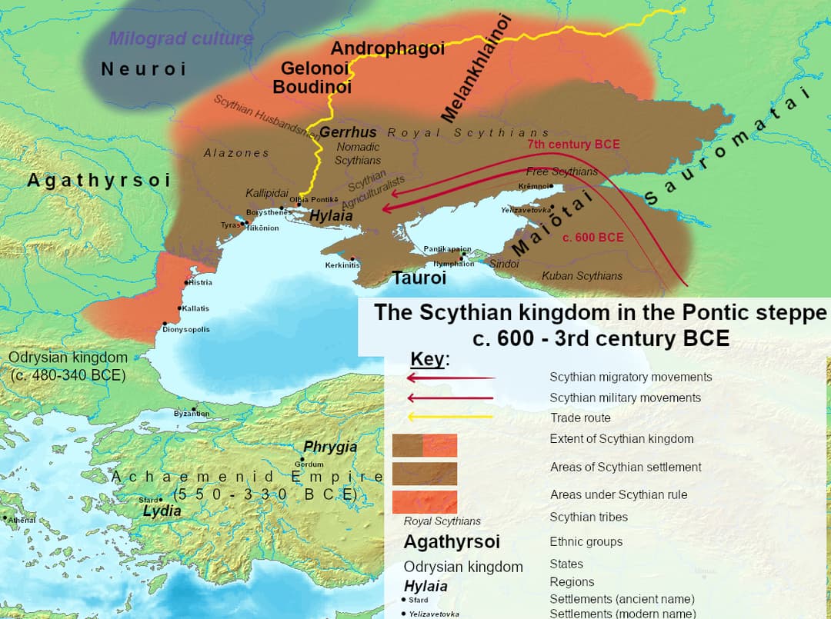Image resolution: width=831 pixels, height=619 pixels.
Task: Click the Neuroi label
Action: [x=144, y=69]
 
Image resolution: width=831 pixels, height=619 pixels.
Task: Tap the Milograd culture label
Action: [x=181, y=38]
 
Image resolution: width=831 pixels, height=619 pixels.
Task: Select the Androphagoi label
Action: [x=387, y=48]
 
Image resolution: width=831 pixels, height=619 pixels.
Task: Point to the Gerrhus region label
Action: [x=348, y=132]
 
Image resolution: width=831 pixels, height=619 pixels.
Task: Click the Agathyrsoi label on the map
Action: [x=99, y=180]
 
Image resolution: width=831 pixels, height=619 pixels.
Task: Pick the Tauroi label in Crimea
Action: [x=419, y=278]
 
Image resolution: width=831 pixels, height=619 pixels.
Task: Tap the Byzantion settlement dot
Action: [x=195, y=408]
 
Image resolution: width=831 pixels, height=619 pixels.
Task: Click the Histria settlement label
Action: [x=201, y=282]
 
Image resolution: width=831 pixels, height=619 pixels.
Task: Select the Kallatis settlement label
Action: [x=195, y=308]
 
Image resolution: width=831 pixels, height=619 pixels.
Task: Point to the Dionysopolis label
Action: [x=185, y=329]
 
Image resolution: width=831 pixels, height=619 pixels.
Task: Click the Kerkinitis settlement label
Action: [x=342, y=265]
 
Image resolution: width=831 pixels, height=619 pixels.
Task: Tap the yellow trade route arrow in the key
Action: [x=450, y=418]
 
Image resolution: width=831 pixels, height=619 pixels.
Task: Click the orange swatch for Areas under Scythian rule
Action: [x=425, y=502]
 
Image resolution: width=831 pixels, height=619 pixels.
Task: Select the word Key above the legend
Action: [x=429, y=359]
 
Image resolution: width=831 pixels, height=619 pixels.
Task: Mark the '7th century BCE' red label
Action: [x=573, y=144]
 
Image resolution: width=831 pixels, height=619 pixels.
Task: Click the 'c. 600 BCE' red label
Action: [x=592, y=237]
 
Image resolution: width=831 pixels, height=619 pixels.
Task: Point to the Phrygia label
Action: [x=330, y=447]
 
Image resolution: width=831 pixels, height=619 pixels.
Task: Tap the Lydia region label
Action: [x=162, y=511]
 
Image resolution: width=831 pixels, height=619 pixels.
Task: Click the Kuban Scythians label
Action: [x=582, y=275]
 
